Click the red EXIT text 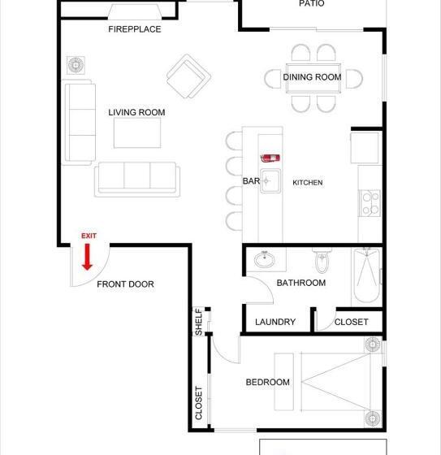click(x=89, y=236)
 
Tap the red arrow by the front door click(x=88, y=258)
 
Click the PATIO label click(x=311, y=4)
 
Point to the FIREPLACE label click(x=135, y=29)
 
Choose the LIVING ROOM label click(x=136, y=112)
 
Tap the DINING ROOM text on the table click(x=312, y=77)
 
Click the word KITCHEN click(x=308, y=183)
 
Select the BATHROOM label click(x=300, y=283)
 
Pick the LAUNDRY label click(x=275, y=322)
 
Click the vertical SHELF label click(x=199, y=322)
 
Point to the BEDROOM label click(x=267, y=382)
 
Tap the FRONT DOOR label click(x=125, y=284)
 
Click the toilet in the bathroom click(x=322, y=262)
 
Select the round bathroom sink click(x=264, y=260)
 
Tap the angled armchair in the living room click(x=188, y=76)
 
